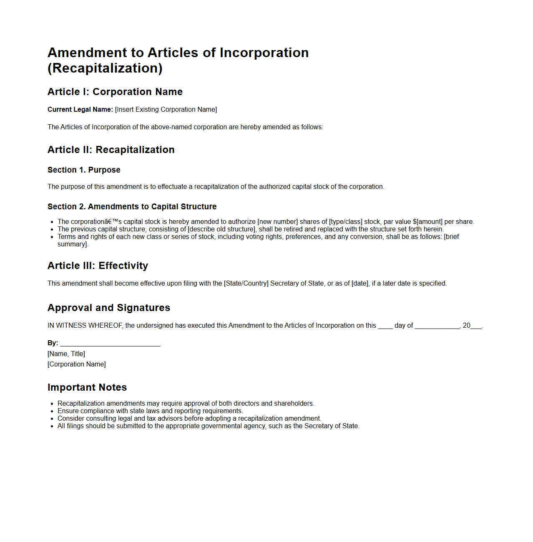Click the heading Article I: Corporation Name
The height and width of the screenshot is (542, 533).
coord(115,92)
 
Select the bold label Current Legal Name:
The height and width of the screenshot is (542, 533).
coord(80,110)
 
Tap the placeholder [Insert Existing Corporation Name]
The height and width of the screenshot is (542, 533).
coord(166,110)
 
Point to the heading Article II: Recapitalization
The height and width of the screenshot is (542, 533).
coord(111,150)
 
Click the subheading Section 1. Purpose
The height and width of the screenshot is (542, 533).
coord(84,170)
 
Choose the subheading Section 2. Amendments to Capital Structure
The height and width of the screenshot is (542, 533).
coord(132,207)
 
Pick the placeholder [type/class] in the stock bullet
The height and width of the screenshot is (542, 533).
coord(346,222)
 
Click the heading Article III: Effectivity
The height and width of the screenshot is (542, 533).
coord(98,266)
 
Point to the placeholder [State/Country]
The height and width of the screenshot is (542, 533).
coord(246,284)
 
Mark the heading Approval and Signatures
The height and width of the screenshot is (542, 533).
coord(109,308)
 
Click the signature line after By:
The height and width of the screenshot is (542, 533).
coord(110,344)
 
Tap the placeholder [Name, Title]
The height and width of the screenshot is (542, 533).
coord(66,354)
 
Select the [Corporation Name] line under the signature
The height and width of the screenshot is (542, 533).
coord(77,364)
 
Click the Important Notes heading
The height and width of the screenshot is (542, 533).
coord(87,388)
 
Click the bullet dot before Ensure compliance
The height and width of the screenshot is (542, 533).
coord(52,412)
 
